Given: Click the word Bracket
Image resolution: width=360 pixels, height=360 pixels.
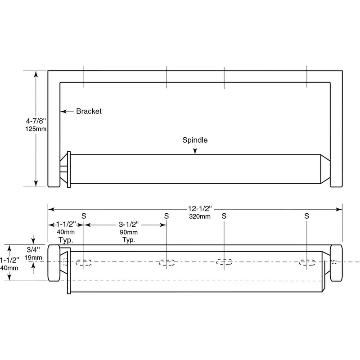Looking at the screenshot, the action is (x=89, y=111).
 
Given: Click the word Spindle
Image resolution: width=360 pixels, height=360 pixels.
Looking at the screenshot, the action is (x=195, y=140).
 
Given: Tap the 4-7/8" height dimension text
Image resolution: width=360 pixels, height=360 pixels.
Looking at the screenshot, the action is (x=36, y=121).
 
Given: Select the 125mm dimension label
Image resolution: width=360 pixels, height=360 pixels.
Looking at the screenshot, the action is (x=36, y=129).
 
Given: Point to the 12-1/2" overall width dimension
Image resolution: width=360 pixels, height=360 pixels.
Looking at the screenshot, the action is (x=200, y=208).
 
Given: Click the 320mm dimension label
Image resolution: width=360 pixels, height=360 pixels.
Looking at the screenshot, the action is (x=200, y=216).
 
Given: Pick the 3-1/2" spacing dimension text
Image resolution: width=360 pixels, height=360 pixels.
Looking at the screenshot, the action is (x=129, y=224).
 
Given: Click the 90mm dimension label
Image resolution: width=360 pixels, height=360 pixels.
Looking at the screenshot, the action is (x=129, y=232).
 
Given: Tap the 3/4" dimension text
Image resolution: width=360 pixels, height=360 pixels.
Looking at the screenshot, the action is (x=33, y=250).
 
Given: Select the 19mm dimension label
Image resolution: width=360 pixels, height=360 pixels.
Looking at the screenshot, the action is (x=33, y=257).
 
